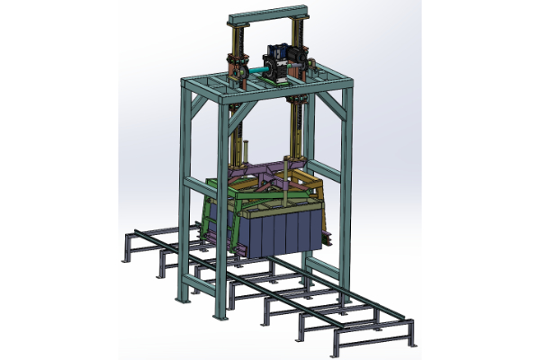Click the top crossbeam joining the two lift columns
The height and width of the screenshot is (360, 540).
point(271,15)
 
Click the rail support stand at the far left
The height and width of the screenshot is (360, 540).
point(126,247)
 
